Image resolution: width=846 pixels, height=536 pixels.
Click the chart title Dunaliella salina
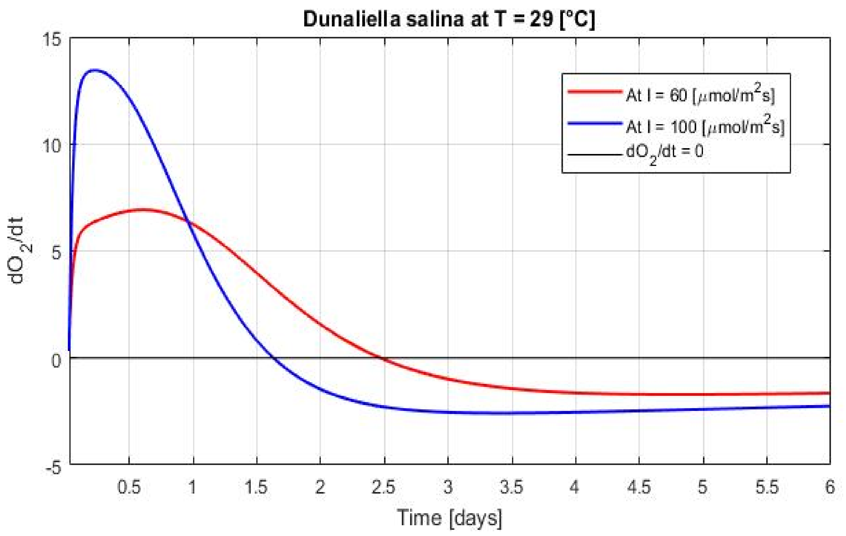click(449, 19)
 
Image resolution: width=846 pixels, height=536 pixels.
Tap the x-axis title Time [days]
click(449, 517)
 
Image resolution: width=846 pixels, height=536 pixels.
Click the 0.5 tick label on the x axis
click(129, 487)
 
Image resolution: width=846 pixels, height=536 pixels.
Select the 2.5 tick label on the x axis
click(384, 487)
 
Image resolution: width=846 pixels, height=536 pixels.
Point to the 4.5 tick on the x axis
click(639, 487)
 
